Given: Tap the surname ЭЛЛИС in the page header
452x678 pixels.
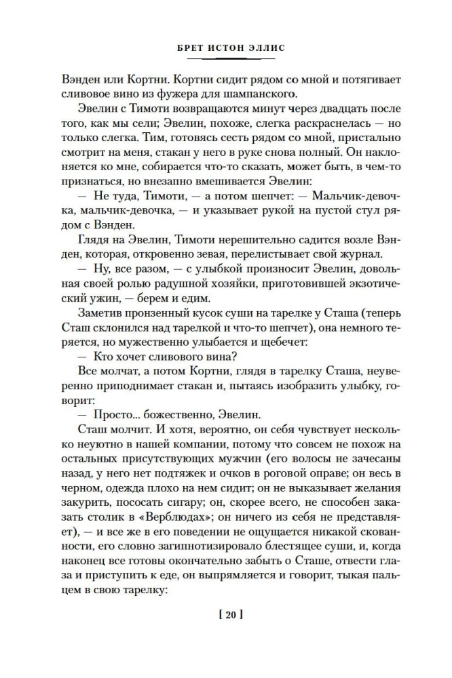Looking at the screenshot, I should pyautogui.click(x=267, y=48).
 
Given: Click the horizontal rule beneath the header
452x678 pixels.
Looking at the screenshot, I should pyautogui.click(x=226, y=60).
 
